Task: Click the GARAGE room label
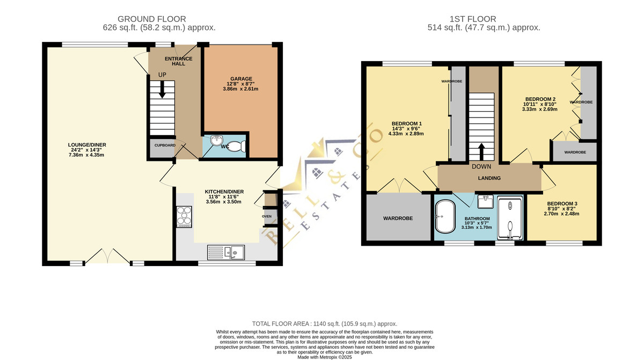[x=241, y=78]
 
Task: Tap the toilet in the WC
[x=237, y=146]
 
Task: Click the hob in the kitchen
[x=184, y=217]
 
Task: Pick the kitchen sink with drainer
[x=226, y=252]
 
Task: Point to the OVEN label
[x=267, y=216]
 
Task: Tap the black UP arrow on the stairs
[x=162, y=90]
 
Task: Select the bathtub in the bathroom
[x=445, y=216]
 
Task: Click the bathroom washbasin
[x=485, y=201]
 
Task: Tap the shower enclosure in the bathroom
[x=510, y=218]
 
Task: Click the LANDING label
[x=489, y=178]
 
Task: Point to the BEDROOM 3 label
[x=562, y=203]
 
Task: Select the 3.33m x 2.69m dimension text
[x=540, y=109]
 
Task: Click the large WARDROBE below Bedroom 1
[x=398, y=217]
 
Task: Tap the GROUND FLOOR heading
[x=152, y=19]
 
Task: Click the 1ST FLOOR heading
[x=473, y=19]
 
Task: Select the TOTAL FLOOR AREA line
[x=325, y=324]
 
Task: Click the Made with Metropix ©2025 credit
[x=325, y=357]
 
